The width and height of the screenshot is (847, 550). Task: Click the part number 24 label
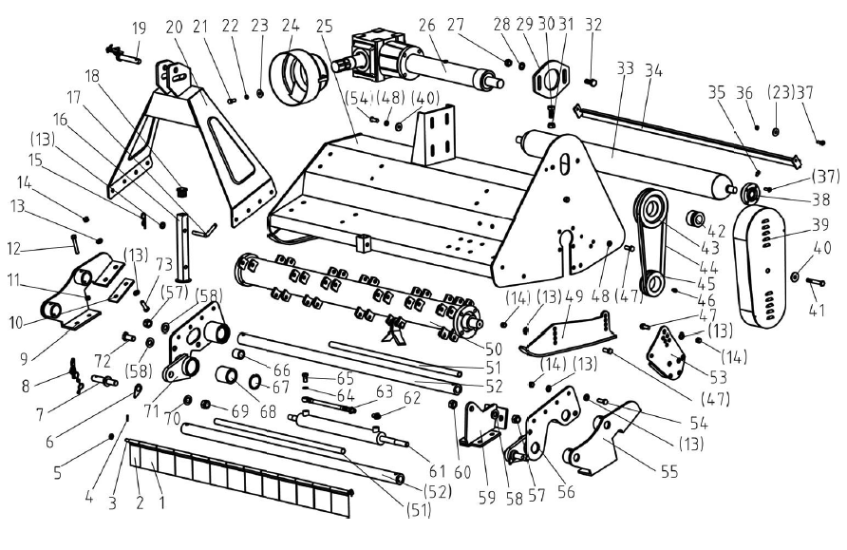(291, 25)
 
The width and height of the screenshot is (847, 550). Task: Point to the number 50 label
(494, 349)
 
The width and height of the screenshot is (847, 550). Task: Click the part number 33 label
(625, 68)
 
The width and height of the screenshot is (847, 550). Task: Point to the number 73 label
(164, 264)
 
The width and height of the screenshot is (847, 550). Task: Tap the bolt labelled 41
(814, 281)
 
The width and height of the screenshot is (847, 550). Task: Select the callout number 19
(140, 28)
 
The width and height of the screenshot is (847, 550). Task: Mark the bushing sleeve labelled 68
(226, 375)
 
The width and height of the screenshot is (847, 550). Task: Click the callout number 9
(23, 357)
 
